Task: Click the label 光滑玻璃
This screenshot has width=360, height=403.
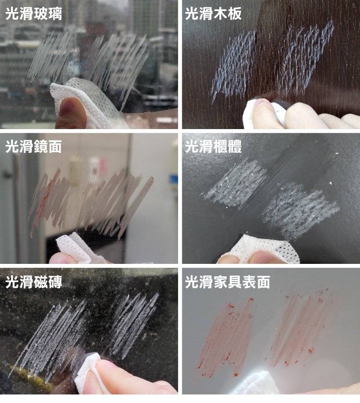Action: (34, 14)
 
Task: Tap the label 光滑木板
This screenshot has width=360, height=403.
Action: (214, 14)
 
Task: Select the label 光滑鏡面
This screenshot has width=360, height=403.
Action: (34, 147)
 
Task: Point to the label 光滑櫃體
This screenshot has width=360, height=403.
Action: (214, 147)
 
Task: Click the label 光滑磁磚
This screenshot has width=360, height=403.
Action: (34, 282)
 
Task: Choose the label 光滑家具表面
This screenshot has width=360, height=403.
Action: (228, 282)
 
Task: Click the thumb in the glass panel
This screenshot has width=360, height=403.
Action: (70, 114)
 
